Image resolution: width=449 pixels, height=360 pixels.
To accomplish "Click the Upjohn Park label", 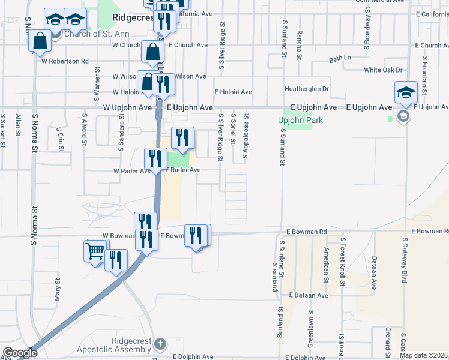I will click(x=301, y=120).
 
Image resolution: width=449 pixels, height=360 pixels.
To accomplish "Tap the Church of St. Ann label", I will click(x=85, y=34).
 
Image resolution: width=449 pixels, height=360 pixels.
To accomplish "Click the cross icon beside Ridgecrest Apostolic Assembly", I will click(x=160, y=344).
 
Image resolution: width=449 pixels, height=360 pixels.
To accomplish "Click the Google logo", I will click(x=19, y=353).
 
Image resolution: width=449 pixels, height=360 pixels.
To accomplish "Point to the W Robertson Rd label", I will click(x=65, y=61).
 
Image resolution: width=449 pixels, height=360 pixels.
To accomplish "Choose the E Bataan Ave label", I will click(x=308, y=296).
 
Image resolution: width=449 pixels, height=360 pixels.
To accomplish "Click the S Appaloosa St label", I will click(x=245, y=137).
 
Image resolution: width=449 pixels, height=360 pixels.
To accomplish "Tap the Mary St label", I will click(x=58, y=289).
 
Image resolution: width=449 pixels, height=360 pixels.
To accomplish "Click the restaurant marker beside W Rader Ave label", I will click(x=155, y=160).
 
